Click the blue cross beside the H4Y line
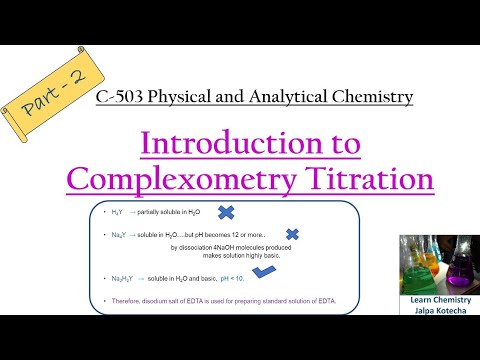point(226,213)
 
